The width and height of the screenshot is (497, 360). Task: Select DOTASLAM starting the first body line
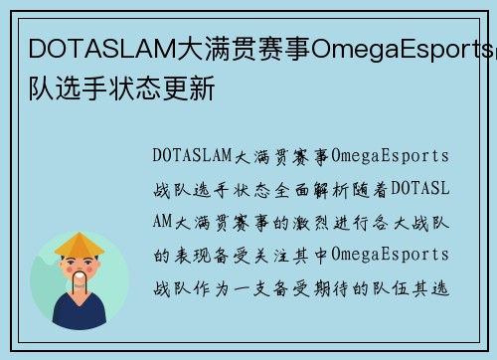191,155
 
